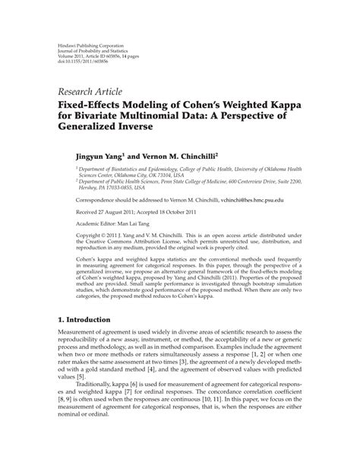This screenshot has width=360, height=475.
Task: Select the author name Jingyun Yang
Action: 96,153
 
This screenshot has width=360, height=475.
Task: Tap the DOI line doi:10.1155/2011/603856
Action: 84,61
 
